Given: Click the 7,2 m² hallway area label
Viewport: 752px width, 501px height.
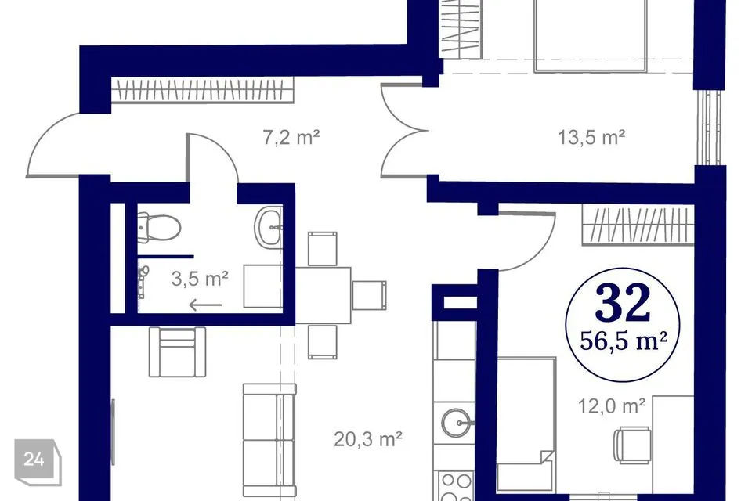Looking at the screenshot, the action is pyautogui.click(x=291, y=137).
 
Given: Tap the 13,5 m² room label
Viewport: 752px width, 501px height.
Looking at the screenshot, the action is pyautogui.click(x=591, y=137).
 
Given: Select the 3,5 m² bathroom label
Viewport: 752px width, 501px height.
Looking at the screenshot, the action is pyautogui.click(x=200, y=279).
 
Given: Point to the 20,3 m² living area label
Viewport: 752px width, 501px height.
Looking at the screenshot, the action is pyautogui.click(x=368, y=438).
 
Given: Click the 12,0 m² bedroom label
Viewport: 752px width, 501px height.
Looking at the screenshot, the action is pyautogui.click(x=612, y=406).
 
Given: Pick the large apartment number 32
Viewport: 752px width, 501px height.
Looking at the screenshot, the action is pyautogui.click(x=623, y=304).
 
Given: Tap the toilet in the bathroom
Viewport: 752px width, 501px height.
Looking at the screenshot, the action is pyautogui.click(x=159, y=227).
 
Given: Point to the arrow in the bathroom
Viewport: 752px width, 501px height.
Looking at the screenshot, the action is pyautogui.click(x=206, y=305).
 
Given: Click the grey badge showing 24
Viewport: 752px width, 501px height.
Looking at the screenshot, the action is pyautogui.click(x=38, y=461).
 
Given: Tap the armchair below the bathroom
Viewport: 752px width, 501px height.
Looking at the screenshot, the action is pyautogui.click(x=177, y=351).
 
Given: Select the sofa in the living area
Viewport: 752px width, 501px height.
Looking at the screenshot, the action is pyautogui.click(x=269, y=440).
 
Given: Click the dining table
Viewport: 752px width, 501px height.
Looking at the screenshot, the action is pyautogui.click(x=323, y=295).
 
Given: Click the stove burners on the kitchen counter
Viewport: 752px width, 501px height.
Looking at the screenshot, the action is pyautogui.click(x=456, y=485).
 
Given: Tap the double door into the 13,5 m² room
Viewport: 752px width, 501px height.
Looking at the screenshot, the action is pyautogui.click(x=405, y=130).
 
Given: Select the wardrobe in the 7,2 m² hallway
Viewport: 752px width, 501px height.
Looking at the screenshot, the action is pyautogui.click(x=202, y=90).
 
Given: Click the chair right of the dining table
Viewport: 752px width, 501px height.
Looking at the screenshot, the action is pyautogui.click(x=369, y=295).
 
